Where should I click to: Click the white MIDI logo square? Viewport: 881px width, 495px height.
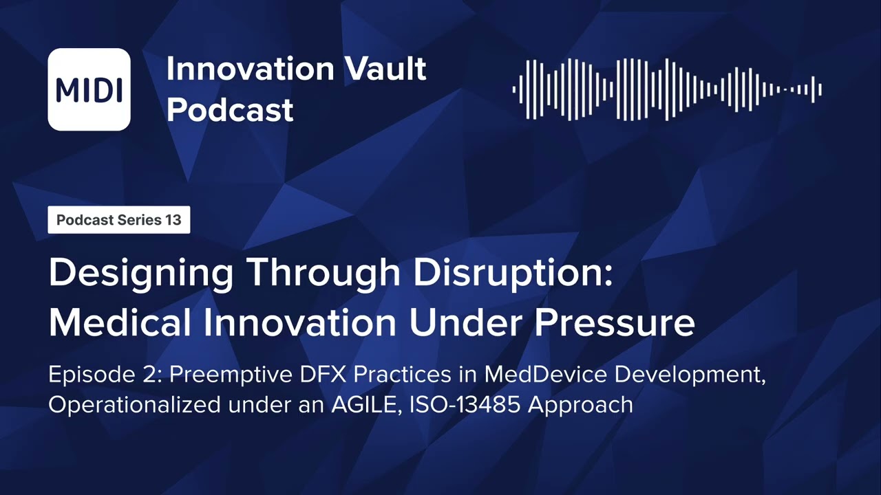click(89, 89)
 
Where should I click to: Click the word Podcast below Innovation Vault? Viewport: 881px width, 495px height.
click(230, 110)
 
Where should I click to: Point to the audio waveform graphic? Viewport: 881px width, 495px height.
click(667, 89)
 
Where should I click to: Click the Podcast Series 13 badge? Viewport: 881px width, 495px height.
click(118, 220)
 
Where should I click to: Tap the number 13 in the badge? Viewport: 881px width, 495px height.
click(173, 220)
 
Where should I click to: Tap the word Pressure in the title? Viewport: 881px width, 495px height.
click(625, 322)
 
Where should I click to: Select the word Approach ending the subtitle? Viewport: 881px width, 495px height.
click(581, 405)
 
